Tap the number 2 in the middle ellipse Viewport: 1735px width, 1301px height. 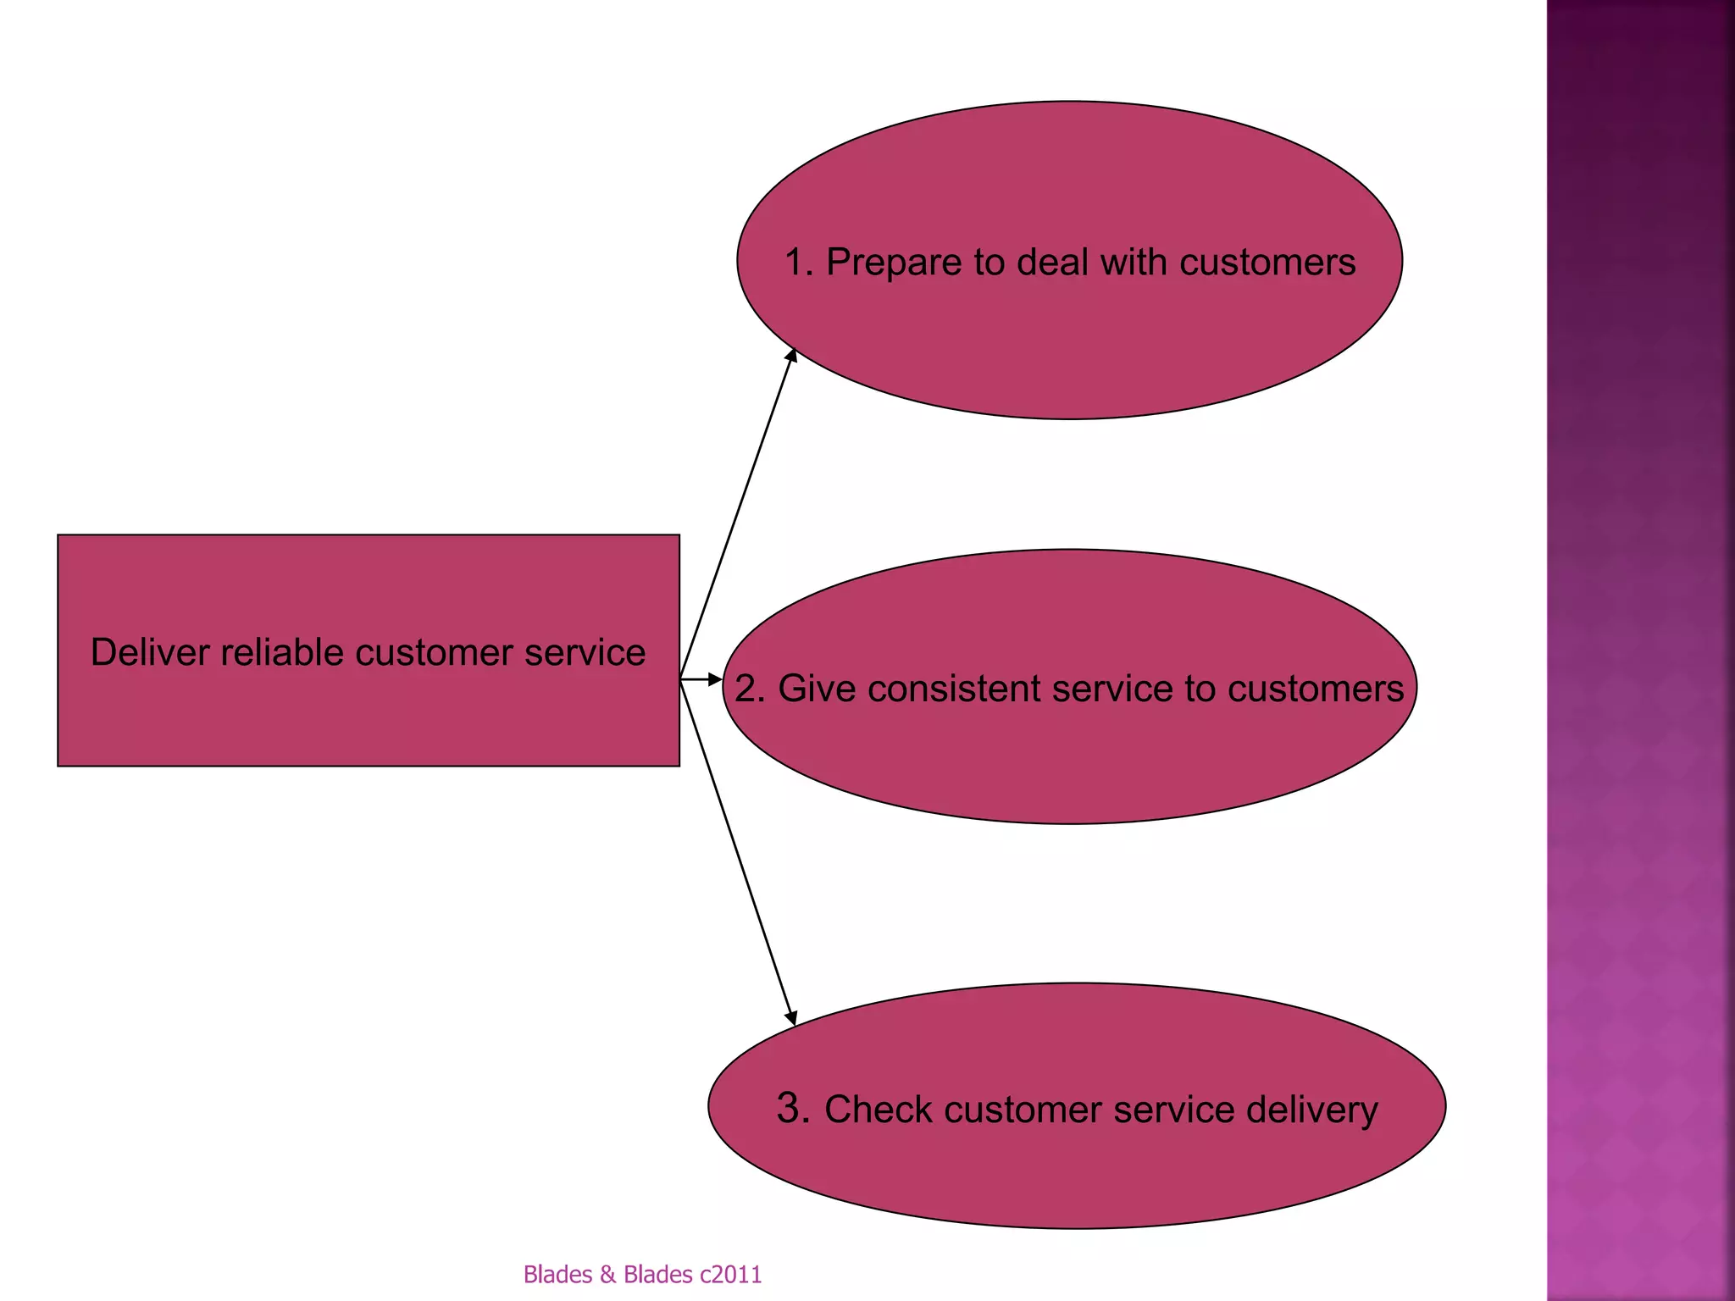747,688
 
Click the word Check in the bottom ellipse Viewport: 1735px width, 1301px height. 879,1110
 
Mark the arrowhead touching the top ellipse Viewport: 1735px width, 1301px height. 792,355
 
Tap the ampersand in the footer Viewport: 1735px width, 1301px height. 607,1274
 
